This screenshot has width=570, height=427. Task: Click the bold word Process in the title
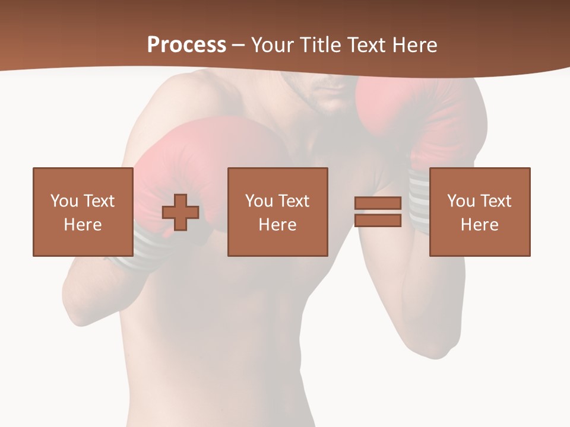186,45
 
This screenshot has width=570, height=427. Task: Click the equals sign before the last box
378,212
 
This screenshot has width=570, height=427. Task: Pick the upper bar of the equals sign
378,203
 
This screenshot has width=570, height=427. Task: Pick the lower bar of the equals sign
378,220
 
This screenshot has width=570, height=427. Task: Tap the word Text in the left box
99,201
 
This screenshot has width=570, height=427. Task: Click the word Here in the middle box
278,225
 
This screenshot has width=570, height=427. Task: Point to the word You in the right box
461,201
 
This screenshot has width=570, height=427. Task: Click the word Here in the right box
480,225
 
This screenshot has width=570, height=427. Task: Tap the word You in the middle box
259,201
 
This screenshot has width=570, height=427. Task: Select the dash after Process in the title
239,45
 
